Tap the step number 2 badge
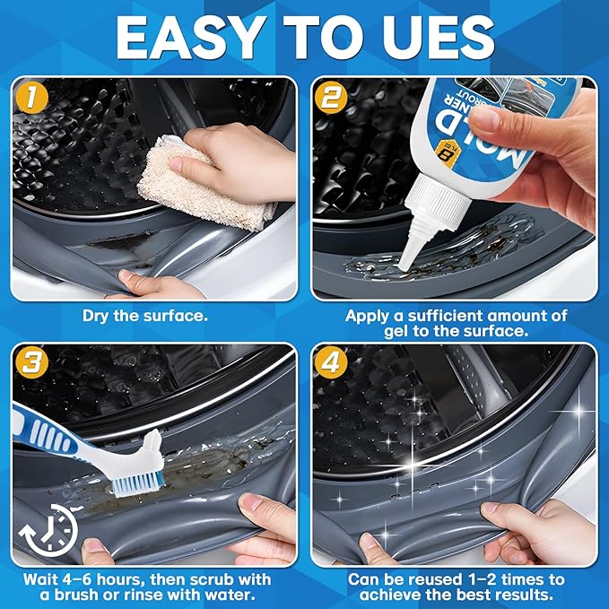click(331, 99)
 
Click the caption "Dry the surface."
click(145, 316)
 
